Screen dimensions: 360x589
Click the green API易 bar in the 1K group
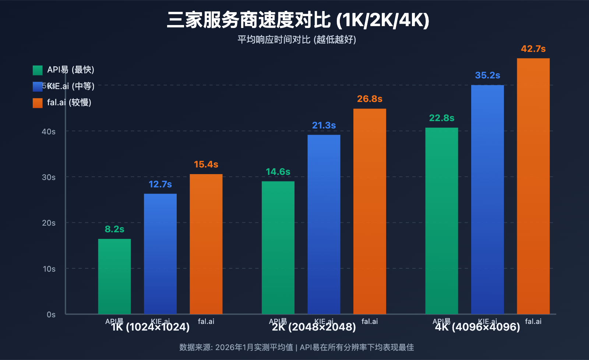pos(114,276)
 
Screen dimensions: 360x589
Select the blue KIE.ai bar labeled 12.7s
pos(160,254)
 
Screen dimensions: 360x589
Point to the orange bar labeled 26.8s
pos(370,211)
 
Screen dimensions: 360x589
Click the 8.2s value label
pos(114,229)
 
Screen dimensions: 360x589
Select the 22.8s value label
pos(441,118)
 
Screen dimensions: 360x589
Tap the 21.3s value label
pos(324,126)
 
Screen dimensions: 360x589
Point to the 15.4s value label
pos(206,165)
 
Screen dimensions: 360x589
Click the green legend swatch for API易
pos(38,70)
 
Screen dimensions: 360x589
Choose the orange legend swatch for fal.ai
pos(38,103)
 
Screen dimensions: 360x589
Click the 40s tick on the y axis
pos(49,131)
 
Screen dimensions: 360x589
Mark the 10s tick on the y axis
pos(49,269)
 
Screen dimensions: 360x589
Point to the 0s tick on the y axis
pos(51,315)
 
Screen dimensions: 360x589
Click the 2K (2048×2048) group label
pos(314,327)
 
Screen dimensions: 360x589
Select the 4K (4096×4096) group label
pos(477,327)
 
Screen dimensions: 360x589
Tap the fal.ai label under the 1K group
pos(206,321)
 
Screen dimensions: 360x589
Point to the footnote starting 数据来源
pos(296,347)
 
